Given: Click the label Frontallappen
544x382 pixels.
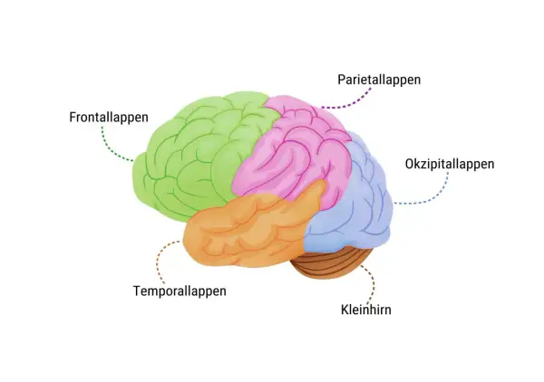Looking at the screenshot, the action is pyautogui.click(x=109, y=118).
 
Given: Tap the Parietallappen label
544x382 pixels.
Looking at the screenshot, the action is pyautogui.click(x=379, y=80).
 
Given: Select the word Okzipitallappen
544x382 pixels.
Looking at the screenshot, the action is pyautogui.click(x=450, y=164).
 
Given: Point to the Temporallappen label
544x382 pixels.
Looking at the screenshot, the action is pyautogui.click(x=180, y=291).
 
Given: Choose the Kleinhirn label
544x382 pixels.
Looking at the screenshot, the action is pyautogui.click(x=366, y=310).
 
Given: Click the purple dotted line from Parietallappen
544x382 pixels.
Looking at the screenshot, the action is pyautogui.click(x=350, y=103).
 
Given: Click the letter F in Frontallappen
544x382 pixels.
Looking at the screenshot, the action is pyautogui.click(x=73, y=117).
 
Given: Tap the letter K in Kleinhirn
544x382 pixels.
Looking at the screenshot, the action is pyautogui.click(x=345, y=310).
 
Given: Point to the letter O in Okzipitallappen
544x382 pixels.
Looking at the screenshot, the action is pyautogui.click(x=409, y=164).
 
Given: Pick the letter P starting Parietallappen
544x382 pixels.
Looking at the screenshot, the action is pyautogui.click(x=342, y=80).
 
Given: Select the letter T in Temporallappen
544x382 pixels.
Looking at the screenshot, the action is pyautogui.click(x=137, y=291).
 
